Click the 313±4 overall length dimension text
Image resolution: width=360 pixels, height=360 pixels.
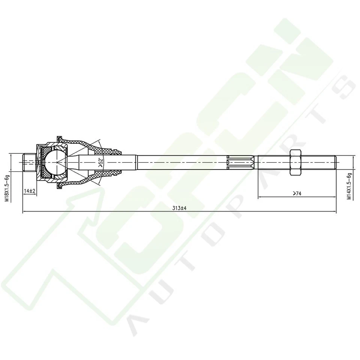pyautogui.click(x=180, y=208)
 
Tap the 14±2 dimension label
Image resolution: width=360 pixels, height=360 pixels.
pyautogui.click(x=29, y=191)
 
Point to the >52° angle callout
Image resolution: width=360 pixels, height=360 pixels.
pyautogui.click(x=100, y=162)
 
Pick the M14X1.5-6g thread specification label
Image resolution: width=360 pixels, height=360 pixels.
pyautogui.click(x=349, y=186)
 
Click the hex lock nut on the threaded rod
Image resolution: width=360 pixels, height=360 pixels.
pyautogui.click(x=295, y=162)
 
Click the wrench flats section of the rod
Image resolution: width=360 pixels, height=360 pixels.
pyautogui.click(x=242, y=162)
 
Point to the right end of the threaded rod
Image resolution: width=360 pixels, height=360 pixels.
pyautogui.click(x=335, y=162)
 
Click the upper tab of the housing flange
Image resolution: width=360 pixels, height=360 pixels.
pyautogui.click(x=59, y=138)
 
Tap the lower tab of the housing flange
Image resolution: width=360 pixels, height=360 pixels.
pyautogui.click(x=59, y=186)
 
